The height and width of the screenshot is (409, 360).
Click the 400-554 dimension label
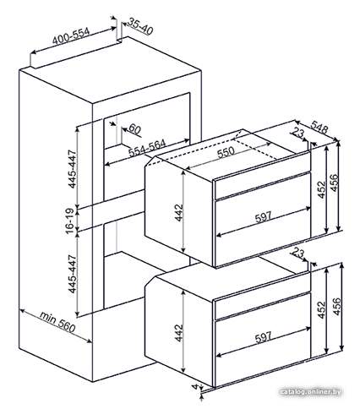(71, 36)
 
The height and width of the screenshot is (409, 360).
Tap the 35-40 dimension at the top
(139, 26)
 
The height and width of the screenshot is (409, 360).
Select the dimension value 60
(134, 129)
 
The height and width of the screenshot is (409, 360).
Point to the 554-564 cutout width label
(147, 148)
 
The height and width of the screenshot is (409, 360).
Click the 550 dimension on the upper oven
(226, 152)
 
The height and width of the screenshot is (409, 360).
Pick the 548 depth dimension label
(319, 127)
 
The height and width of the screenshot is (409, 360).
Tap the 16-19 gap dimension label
(70, 221)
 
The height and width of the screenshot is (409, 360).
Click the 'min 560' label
(57, 322)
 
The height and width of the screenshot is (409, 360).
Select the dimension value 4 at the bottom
(195, 387)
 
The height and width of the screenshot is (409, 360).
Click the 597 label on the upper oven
(263, 217)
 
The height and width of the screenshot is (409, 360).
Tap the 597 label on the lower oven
(263, 336)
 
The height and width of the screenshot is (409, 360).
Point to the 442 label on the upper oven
(179, 213)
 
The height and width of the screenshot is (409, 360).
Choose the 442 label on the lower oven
(179, 333)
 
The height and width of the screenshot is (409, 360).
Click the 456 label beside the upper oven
(334, 183)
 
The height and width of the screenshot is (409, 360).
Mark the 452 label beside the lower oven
(321, 310)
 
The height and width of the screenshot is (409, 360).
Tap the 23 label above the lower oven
(298, 253)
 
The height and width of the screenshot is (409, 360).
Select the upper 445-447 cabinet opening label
(73, 169)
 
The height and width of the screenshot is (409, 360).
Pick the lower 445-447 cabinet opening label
(73, 274)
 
